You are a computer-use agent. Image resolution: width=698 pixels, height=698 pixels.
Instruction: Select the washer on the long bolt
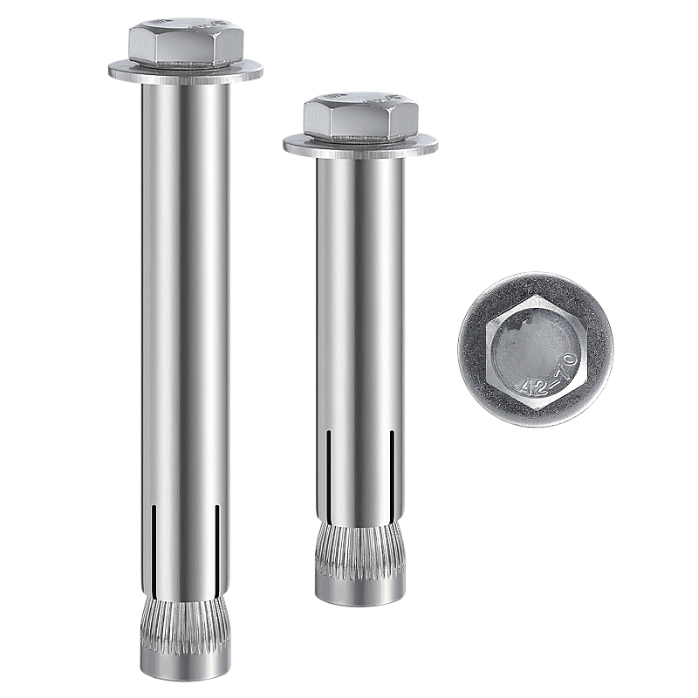[186, 72]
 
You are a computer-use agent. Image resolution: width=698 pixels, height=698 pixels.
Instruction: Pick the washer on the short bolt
[360, 145]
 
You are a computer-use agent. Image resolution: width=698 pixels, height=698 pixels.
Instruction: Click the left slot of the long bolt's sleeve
[154, 543]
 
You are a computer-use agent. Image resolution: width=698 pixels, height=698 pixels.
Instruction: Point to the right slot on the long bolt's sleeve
[217, 543]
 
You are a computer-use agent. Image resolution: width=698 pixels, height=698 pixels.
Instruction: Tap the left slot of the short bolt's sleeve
[328, 469]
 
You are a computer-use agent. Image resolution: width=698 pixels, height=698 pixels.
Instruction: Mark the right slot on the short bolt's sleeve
[392, 469]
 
